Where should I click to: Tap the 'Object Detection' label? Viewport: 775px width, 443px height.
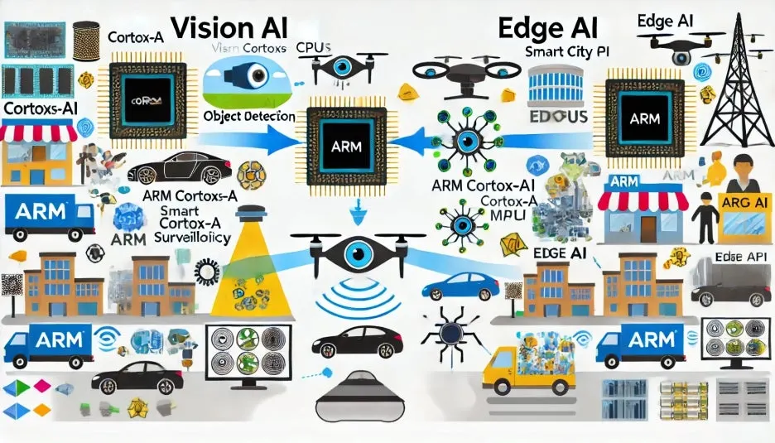coord(248,117)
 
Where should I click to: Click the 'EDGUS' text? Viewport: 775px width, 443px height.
coord(557,117)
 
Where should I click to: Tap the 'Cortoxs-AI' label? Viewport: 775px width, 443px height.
coord(38,108)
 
